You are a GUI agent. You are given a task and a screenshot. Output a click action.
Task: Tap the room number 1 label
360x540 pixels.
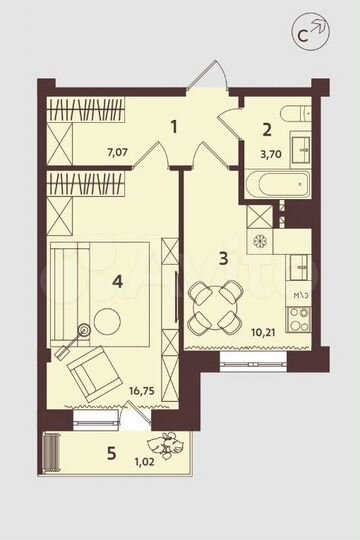click(175, 127)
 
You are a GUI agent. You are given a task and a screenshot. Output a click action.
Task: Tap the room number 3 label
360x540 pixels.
click(225, 258)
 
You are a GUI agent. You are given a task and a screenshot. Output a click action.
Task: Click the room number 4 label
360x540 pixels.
click(117, 282)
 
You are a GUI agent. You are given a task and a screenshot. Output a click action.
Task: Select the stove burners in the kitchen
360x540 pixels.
click(298, 321)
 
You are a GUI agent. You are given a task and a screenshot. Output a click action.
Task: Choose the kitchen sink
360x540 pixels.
click(298, 267)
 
